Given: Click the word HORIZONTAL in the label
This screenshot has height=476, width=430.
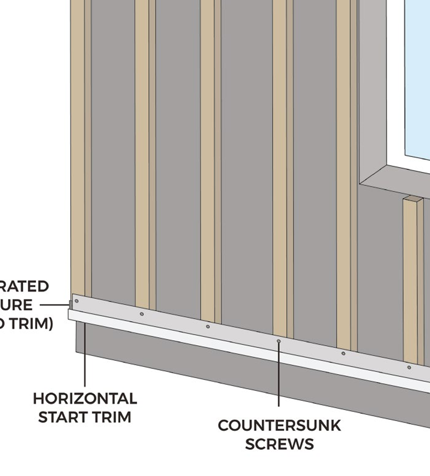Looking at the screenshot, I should (x=85, y=399).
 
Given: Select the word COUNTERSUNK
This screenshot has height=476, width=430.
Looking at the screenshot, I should (x=279, y=426).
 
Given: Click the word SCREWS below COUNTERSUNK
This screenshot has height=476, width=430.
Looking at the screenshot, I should (x=279, y=444).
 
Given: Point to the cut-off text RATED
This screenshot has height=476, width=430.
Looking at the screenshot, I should (x=25, y=287).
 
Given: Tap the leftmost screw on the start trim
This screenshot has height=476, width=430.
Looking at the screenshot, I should (x=76, y=301).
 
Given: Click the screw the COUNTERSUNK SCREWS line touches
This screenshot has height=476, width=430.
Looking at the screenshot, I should (x=278, y=340).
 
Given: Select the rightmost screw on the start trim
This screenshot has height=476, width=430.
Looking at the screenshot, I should (x=409, y=367).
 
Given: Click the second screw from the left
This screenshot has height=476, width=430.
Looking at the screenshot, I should (x=142, y=314).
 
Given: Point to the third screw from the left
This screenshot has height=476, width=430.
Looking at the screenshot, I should (x=208, y=326).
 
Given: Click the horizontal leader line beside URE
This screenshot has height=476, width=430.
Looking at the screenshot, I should (x=55, y=305).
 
